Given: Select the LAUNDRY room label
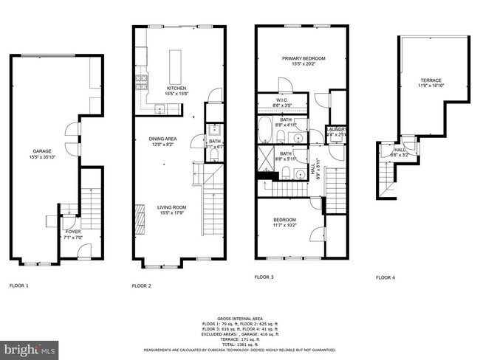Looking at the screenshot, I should [x=337, y=131].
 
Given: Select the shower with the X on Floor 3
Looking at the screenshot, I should [x=264, y=156].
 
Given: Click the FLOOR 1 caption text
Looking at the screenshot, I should [x=18, y=284].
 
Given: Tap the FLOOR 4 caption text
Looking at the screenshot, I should [x=385, y=277].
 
